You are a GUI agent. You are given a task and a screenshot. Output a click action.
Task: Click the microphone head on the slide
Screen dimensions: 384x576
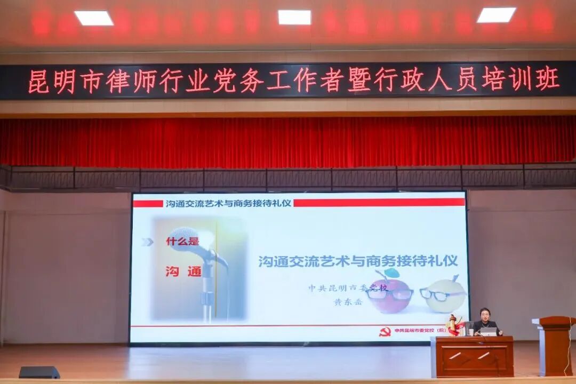coord(184,237)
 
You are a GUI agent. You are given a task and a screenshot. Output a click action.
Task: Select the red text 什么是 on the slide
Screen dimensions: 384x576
coord(182,242)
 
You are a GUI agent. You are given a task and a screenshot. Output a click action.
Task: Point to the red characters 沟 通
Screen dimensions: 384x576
coord(183,271)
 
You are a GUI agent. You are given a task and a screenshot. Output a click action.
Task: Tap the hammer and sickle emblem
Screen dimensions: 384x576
coord(385,331)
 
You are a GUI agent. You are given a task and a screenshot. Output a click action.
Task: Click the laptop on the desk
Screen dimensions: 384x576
coord(488,331)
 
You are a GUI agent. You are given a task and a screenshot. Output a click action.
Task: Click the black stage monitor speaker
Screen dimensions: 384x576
coord(39,372)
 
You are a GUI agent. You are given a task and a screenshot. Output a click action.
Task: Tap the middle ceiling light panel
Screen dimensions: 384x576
coord(294,17)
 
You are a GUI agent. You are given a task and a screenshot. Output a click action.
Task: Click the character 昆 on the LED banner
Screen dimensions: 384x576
coord(38,81)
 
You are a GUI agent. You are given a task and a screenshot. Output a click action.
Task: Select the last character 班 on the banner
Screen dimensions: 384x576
coord(547,79)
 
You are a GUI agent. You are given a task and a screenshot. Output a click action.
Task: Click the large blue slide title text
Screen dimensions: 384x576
coord(358,261)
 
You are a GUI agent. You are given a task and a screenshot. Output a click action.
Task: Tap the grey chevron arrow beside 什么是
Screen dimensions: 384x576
coord(148,242)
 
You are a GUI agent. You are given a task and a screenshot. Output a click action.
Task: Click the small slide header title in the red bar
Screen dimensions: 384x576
coord(228,203)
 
